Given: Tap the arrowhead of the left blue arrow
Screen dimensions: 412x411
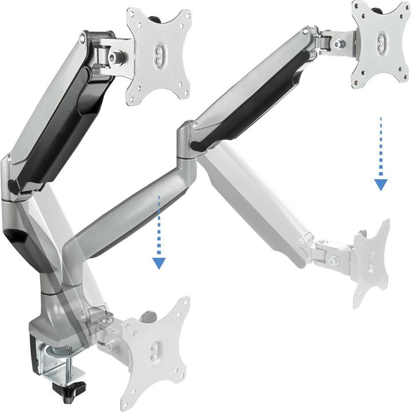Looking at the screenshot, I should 159,263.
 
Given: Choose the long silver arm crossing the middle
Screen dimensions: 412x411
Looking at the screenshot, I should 126,212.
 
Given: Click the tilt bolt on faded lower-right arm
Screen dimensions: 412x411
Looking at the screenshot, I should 331,261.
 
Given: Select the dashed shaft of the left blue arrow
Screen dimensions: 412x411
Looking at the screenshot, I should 159,226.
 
